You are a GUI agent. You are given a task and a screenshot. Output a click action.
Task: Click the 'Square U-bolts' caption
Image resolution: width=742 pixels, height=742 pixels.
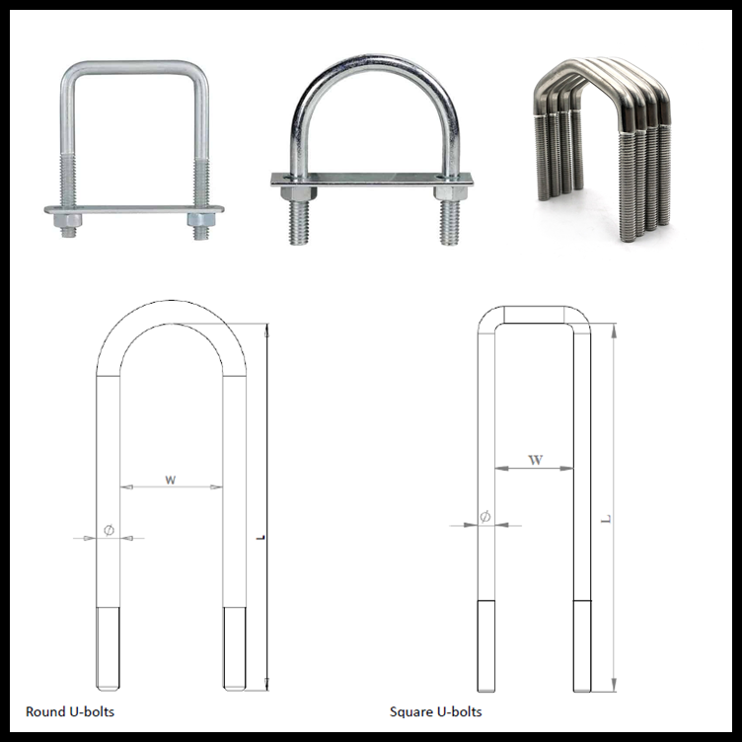point(435,710)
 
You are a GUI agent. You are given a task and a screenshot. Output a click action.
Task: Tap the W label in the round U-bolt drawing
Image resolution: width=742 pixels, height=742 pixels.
point(171,480)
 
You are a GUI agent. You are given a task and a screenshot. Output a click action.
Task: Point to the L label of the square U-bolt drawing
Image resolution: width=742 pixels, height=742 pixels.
point(605,519)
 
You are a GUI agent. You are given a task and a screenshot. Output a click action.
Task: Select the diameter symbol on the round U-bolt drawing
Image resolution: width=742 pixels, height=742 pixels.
point(109,531)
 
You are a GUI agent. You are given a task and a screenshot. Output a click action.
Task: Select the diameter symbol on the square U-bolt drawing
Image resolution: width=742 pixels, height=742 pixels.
point(484,517)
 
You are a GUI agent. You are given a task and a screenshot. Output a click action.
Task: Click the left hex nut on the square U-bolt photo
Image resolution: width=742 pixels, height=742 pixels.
point(67,219)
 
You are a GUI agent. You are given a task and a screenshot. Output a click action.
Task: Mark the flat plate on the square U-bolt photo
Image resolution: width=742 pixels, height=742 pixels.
point(134,208)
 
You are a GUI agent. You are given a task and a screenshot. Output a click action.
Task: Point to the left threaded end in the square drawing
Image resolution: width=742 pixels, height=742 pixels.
point(486,645)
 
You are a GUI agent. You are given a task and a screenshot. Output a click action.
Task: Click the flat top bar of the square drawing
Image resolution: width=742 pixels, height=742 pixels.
point(535,315)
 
